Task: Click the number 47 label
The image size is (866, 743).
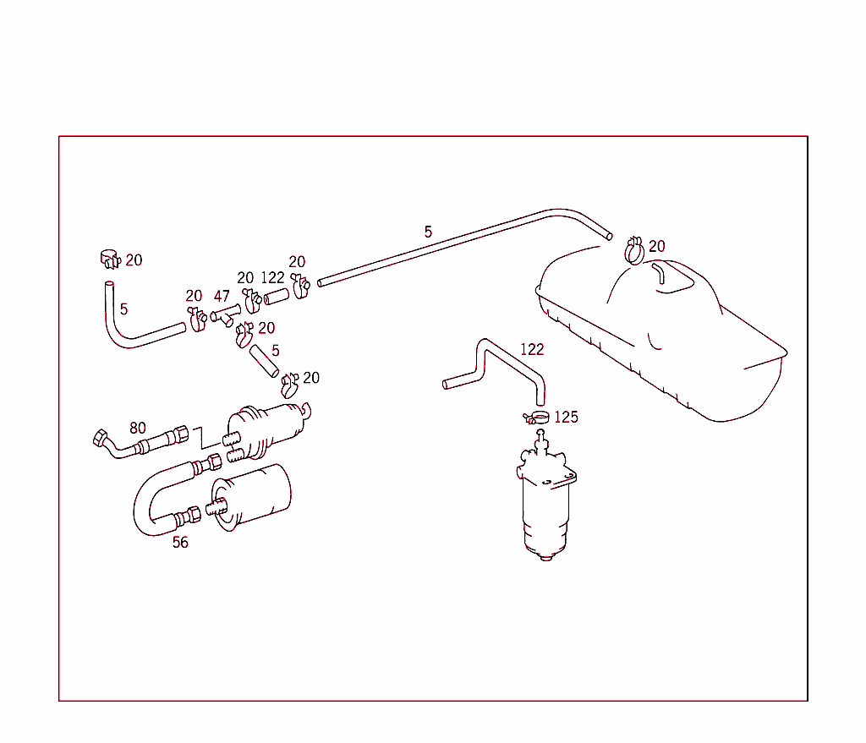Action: pyautogui.click(x=222, y=297)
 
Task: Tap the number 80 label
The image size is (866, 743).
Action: pyautogui.click(x=137, y=428)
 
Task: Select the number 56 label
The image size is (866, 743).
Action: pyautogui.click(x=180, y=543)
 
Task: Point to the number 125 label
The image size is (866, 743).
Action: pyautogui.click(x=566, y=418)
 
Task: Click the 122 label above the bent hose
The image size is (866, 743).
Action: pyautogui.click(x=532, y=349)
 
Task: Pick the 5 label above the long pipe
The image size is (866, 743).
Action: pyautogui.click(x=428, y=232)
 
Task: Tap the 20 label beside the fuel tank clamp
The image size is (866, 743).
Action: pyautogui.click(x=656, y=247)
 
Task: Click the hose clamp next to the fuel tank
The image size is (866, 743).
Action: pyautogui.click(x=634, y=249)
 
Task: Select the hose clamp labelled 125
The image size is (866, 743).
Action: pyautogui.click(x=536, y=416)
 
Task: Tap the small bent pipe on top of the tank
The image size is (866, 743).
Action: pyautogui.click(x=659, y=272)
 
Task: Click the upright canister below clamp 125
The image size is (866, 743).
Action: pyautogui.click(x=545, y=503)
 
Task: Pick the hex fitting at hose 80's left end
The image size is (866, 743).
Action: pyautogui.click(x=100, y=438)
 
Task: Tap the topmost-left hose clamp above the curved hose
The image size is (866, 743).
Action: pyautogui.click(x=108, y=257)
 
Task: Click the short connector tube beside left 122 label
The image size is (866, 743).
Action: pyautogui.click(x=277, y=297)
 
